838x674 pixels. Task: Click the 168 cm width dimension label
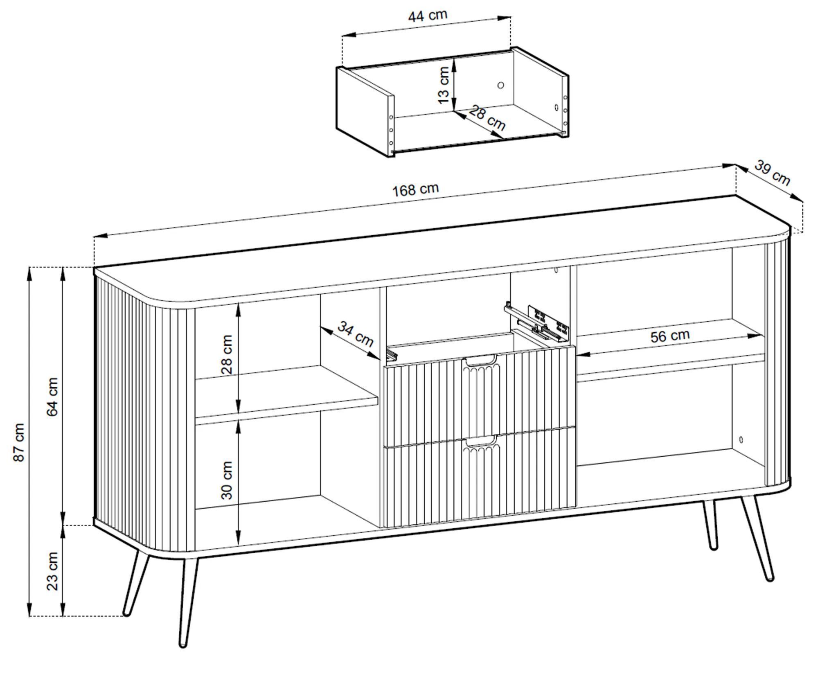click(416, 189)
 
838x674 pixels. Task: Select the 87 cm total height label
click(19, 442)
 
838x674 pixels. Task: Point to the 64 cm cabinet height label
click(53, 397)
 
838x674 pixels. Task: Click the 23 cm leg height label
click(53, 571)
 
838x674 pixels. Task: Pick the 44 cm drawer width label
click(428, 16)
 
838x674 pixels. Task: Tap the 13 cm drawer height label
click(444, 86)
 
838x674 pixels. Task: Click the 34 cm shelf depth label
click(355, 334)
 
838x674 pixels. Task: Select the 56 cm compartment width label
click(670, 336)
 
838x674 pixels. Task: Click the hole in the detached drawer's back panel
click(500, 85)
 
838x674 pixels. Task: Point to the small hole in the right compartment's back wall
click(741, 440)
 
